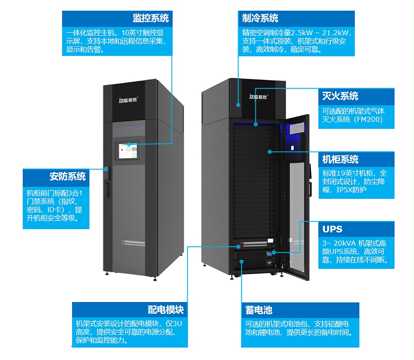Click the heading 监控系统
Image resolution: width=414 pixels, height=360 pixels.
(x=150, y=18)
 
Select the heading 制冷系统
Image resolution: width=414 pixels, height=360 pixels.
(x=260, y=18)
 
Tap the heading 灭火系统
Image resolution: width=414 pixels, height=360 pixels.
(x=340, y=96)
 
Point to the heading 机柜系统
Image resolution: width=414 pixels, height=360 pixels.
(x=340, y=160)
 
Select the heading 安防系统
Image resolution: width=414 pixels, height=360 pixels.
(x=68, y=176)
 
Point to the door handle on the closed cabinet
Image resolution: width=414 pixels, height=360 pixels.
(x=107, y=189)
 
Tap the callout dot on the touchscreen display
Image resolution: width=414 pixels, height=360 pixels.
(x=128, y=144)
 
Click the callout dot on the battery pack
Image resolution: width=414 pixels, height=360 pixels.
(x=242, y=262)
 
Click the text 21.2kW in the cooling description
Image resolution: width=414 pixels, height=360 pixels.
(x=337, y=33)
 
